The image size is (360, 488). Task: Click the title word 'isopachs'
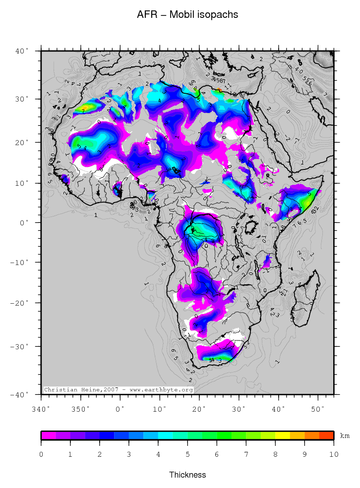tap(218, 15)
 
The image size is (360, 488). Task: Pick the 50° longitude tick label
tap(318, 409)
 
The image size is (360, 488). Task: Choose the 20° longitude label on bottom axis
tap(199, 409)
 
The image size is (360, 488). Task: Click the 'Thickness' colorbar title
tap(187, 475)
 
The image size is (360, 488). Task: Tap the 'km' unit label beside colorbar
tap(345, 436)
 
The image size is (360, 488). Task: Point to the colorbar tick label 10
tap(333, 454)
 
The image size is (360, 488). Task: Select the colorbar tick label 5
tap(187, 454)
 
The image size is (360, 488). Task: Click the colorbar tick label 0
tap(41, 454)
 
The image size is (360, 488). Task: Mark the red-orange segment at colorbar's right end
tap(326, 435)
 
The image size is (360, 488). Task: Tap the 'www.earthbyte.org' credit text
tap(161, 390)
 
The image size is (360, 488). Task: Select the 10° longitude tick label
tap(159, 409)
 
